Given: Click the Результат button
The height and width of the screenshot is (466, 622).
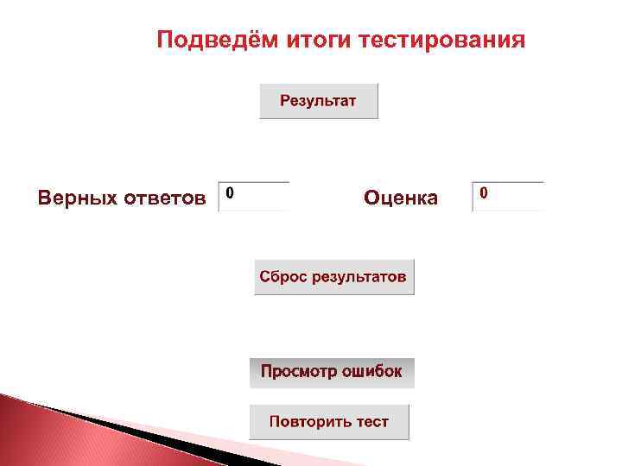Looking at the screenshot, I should click(319, 101).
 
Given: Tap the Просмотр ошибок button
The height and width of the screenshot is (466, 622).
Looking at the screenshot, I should click(332, 372).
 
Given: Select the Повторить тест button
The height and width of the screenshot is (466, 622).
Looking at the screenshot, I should click(329, 422).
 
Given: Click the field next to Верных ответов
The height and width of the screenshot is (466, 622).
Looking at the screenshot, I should click(254, 196).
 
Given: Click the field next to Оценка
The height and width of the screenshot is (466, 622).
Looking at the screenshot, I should click(509, 196).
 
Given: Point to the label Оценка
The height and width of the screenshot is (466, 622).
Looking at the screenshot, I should click(401, 198).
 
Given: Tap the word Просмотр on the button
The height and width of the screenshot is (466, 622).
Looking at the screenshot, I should click(297, 372).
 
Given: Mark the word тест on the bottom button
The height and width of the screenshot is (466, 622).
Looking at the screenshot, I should click(371, 422).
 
